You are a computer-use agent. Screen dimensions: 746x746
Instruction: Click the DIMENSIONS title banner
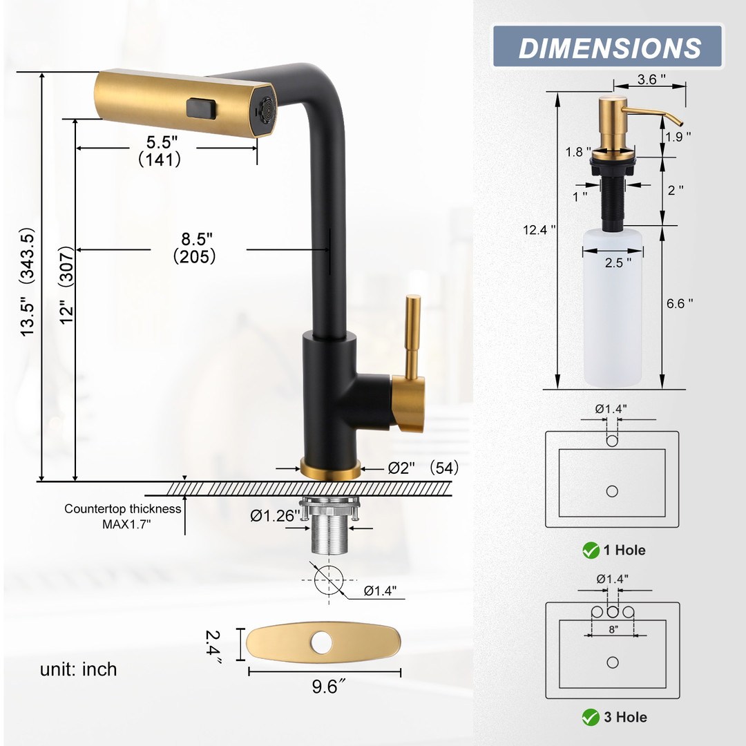[608, 46]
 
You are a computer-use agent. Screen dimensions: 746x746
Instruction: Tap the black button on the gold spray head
[202, 108]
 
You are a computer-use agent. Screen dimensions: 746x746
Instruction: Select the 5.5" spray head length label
[162, 142]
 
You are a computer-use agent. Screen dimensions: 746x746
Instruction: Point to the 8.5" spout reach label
[196, 239]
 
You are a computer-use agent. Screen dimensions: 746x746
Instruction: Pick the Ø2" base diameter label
[401, 468]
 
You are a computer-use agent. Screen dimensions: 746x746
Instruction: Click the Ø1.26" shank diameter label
[275, 516]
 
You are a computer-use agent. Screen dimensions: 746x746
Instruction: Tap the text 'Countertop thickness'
[123, 508]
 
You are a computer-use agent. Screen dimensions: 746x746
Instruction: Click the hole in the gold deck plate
[322, 642]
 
